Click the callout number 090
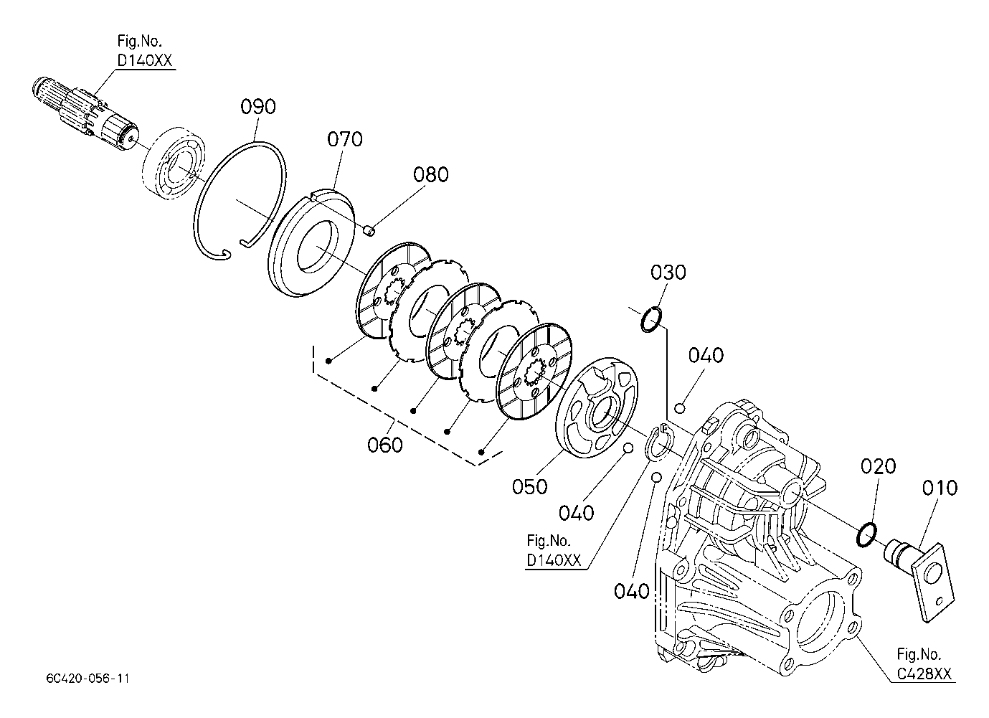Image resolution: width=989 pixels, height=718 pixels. [x=258, y=107]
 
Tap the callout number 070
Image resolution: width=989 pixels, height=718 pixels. [x=345, y=139]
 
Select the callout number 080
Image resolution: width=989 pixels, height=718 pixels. [x=431, y=175]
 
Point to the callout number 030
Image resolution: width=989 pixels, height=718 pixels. [x=668, y=273]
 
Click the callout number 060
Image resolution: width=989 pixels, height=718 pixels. [x=385, y=445]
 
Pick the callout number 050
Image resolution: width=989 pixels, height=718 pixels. [x=530, y=487]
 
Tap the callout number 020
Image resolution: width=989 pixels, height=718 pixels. [x=878, y=466]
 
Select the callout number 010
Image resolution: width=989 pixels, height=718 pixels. [x=940, y=488]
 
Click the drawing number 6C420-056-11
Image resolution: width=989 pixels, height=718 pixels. [x=88, y=679]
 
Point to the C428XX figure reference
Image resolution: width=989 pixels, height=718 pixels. [x=924, y=674]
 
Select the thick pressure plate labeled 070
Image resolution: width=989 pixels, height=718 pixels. [x=312, y=243]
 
